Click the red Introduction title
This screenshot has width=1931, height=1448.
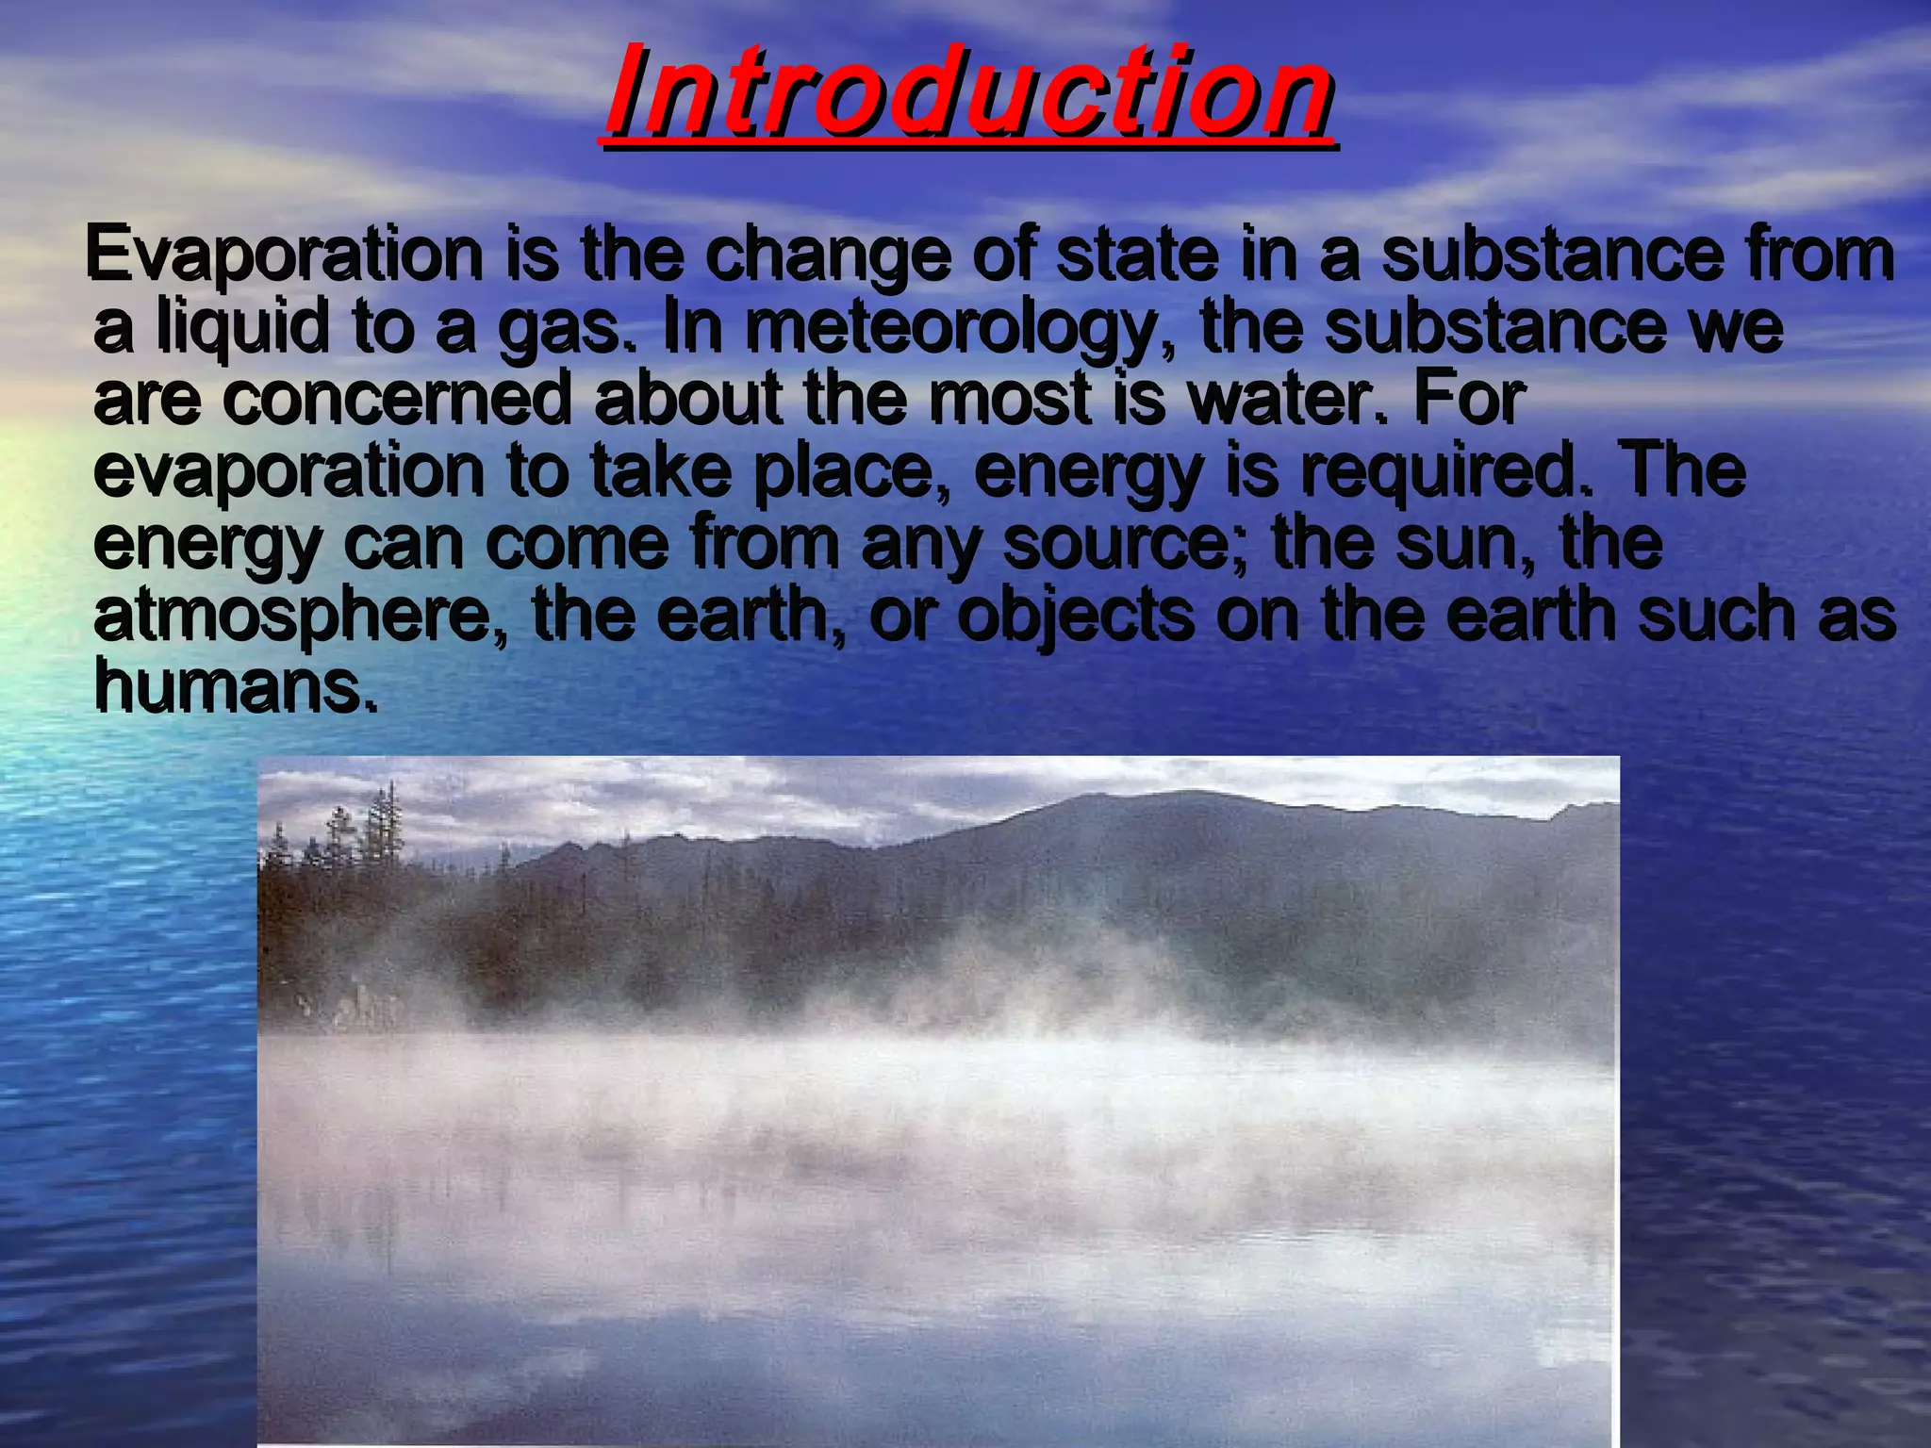pyautogui.click(x=968, y=92)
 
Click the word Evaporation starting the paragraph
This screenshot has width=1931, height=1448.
pyautogui.click(x=283, y=255)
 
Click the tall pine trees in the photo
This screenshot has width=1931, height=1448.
pyautogui.click(x=382, y=830)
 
